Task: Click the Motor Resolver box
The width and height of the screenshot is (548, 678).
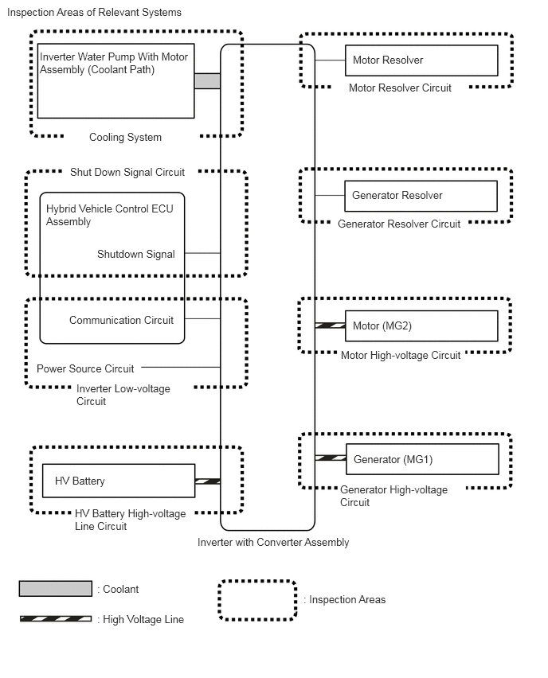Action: coord(421,60)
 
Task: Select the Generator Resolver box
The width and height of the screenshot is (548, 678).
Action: coord(421,196)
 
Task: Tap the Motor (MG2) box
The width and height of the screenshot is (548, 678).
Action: coord(421,326)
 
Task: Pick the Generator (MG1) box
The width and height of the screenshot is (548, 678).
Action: coord(422,459)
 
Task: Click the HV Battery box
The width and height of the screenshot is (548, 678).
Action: coord(119,481)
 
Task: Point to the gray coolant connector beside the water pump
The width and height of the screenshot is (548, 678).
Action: coord(207,81)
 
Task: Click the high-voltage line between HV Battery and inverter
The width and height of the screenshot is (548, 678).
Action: coord(208,481)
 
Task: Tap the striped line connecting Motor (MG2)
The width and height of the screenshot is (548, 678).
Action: coord(330,325)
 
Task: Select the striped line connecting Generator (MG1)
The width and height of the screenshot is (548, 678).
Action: coord(331,458)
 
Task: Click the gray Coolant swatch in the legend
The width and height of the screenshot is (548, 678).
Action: coord(56,589)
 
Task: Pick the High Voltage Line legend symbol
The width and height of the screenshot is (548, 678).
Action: coord(56,619)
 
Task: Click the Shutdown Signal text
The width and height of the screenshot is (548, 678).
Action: coord(136,254)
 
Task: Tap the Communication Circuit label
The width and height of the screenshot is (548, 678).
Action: coord(121,320)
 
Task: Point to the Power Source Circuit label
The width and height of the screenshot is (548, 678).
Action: coord(85,368)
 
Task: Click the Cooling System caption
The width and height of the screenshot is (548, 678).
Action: coord(125,137)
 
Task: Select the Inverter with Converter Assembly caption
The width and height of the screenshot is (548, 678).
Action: coord(273,542)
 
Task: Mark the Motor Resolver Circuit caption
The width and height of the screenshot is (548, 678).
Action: coord(400,88)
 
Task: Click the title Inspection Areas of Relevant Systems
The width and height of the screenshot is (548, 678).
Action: coord(94,12)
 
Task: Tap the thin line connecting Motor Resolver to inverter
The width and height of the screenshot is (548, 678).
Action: coord(330,60)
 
